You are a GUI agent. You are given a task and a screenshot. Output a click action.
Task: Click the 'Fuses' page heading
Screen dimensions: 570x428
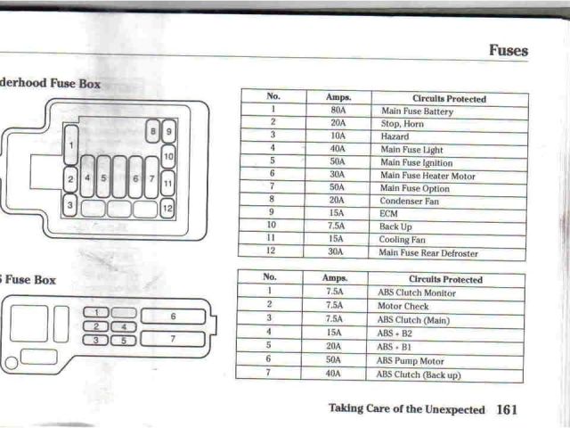point(508,51)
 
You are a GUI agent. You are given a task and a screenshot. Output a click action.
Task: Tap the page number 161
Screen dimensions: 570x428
point(507,409)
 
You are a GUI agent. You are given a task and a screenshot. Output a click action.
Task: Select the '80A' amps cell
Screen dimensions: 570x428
point(338,111)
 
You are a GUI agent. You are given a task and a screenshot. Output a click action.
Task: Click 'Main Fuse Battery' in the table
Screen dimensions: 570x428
point(416,112)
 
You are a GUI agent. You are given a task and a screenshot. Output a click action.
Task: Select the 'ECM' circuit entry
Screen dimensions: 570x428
point(389,215)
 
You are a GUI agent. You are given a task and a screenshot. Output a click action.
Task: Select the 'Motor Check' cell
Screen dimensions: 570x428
point(403,306)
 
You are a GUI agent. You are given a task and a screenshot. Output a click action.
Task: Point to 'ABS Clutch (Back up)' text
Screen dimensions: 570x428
point(419,375)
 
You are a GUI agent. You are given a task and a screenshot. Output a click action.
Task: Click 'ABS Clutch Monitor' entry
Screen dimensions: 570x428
point(416,292)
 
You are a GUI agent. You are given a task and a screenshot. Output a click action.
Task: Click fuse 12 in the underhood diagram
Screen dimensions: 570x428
point(167,209)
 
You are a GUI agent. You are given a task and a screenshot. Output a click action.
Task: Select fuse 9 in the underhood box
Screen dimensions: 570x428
point(169,132)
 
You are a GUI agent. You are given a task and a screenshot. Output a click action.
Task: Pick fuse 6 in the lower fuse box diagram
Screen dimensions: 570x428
point(173,317)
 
